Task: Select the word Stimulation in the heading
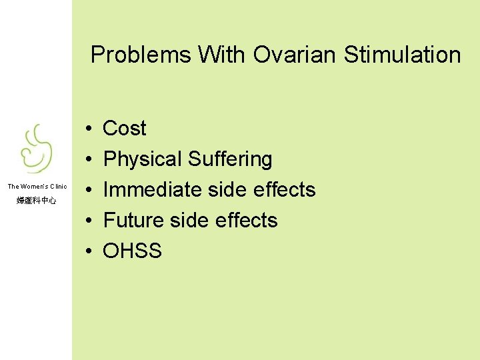[402, 55]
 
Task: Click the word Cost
[125, 128]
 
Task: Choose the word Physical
[143, 159]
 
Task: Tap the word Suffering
[230, 159]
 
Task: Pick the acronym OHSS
[132, 251]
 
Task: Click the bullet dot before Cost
[89, 129]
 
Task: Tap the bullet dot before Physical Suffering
[89, 159]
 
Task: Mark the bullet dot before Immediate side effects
[89, 190]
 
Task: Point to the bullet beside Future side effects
[89, 221]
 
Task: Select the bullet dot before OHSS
[89, 251]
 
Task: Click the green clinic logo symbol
[36, 149]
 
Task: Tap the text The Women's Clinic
[37, 187]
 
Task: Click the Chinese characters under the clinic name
[37, 200]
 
